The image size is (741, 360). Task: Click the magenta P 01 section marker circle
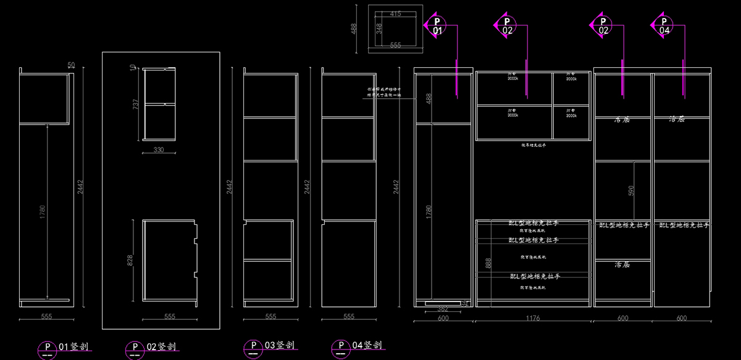click(437, 25)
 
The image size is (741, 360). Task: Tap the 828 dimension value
click(130, 260)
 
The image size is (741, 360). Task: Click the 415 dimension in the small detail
click(395, 14)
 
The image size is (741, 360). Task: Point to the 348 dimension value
click(379, 28)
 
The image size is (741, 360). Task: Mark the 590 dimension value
click(630, 191)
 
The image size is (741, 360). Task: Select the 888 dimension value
click(488, 264)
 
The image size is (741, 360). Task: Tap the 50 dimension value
click(71, 65)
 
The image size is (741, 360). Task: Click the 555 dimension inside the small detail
click(395, 45)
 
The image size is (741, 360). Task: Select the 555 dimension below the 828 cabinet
click(170, 316)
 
